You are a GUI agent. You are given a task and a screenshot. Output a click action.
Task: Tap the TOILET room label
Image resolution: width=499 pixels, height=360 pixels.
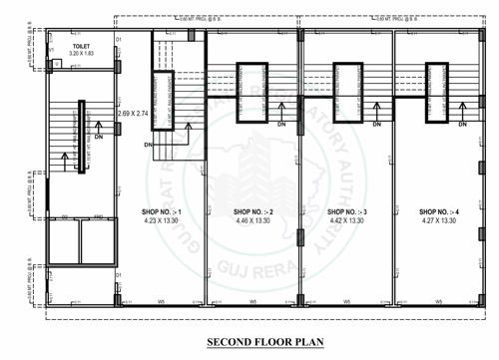[80, 45]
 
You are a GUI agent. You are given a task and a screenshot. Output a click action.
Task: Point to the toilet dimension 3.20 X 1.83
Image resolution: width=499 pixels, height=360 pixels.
[80, 53]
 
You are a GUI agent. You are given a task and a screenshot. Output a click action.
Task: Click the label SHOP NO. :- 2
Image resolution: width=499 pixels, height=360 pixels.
[253, 212]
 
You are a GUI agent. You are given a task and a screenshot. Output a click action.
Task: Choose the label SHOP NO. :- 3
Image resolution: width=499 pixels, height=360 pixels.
[346, 212]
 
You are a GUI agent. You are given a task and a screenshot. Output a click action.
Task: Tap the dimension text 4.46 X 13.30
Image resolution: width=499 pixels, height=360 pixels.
[253, 221]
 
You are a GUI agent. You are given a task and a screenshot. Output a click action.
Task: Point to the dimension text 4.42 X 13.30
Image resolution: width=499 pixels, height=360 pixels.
[346, 221]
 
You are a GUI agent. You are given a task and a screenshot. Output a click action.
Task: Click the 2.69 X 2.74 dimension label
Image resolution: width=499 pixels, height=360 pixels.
[133, 116]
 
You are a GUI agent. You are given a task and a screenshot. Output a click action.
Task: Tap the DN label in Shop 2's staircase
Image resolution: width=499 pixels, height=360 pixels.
[282, 125]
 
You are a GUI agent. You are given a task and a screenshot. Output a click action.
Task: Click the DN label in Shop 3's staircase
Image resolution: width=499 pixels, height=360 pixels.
[377, 125]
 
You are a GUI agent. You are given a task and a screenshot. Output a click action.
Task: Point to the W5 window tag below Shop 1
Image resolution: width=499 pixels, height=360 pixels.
[159, 302]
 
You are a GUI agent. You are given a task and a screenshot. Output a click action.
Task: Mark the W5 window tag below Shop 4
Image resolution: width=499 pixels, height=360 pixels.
[440, 302]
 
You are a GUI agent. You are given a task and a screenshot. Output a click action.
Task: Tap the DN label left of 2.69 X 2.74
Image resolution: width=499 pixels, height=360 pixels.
[148, 145]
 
